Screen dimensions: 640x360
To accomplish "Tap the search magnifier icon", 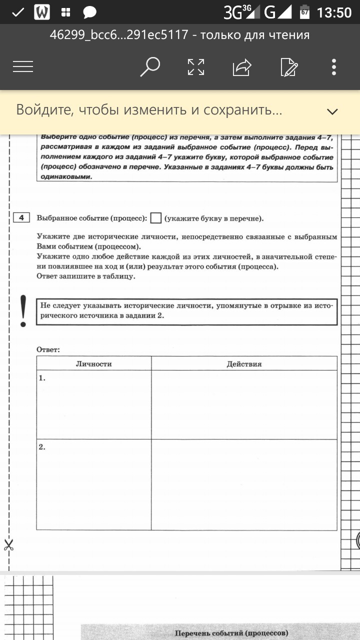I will point(149,66).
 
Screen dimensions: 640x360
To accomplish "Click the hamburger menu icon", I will point(23,66).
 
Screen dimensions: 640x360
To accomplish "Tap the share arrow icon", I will point(242,67).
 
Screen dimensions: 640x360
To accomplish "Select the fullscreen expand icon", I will point(196,67).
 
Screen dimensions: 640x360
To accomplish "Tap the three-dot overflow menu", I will point(334,67).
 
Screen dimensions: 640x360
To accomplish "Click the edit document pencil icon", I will point(289,67).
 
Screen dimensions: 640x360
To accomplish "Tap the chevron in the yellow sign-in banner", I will point(332,111).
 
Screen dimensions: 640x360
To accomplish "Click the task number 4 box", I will point(21,217).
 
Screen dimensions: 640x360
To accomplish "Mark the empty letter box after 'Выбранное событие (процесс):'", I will point(156,218).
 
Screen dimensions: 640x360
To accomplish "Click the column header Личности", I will point(93,364).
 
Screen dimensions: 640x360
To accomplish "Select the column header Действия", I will point(244,364).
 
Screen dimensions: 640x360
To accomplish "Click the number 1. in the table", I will point(42,378).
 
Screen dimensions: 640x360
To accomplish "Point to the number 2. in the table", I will point(42,447).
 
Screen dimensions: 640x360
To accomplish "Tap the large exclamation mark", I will point(23,311).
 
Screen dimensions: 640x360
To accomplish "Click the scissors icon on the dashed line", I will point(8,545).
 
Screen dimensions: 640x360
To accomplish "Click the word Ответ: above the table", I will point(48,349).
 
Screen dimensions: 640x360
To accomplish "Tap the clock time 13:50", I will point(334,12).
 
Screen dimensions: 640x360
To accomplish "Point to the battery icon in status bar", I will point(304,12).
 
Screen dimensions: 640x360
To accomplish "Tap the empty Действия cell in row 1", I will point(244,404).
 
